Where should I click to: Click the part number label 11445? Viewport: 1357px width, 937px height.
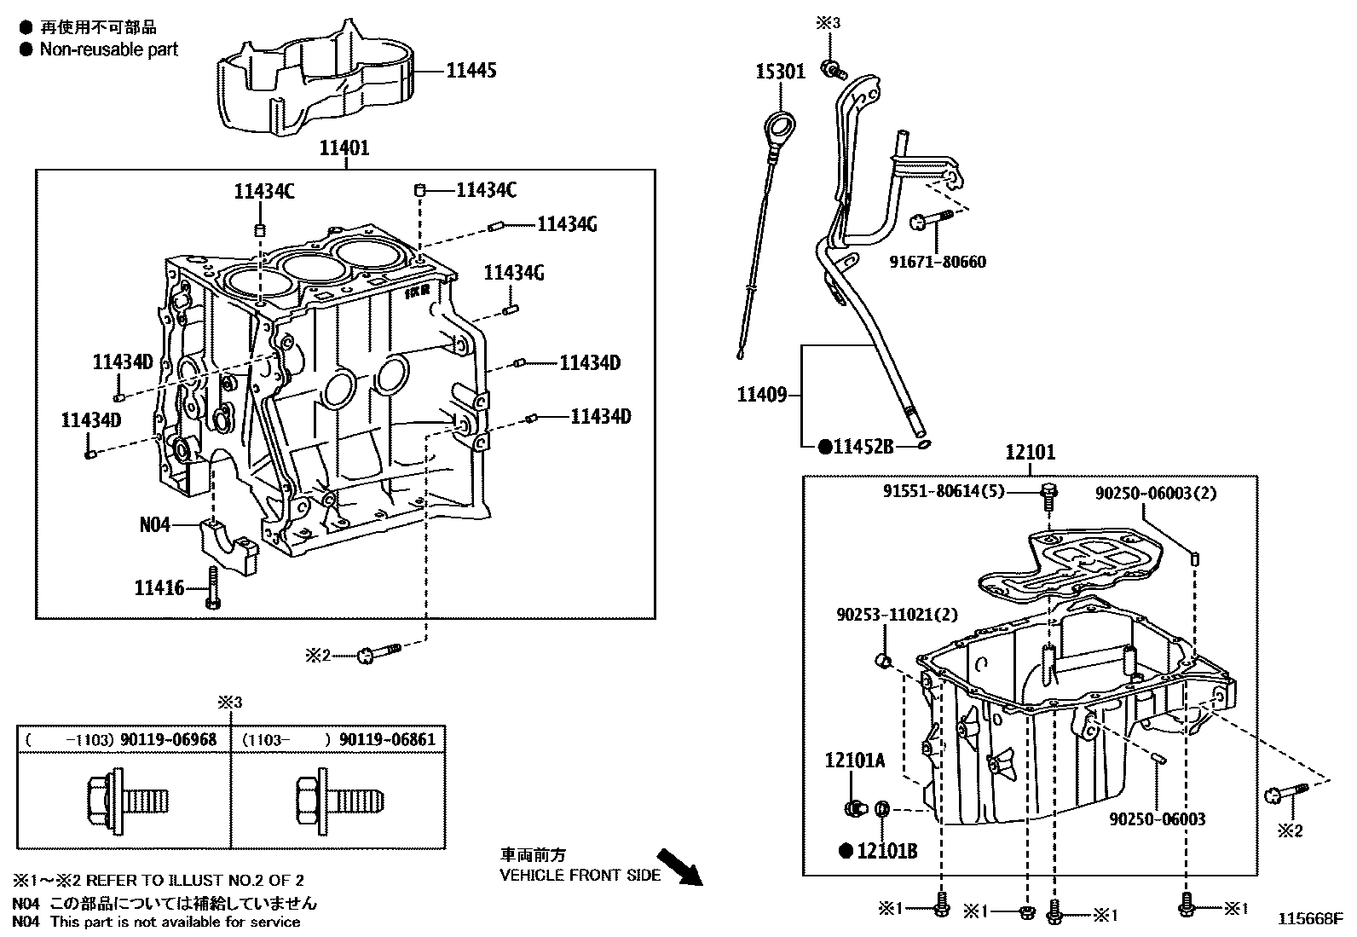[471, 70]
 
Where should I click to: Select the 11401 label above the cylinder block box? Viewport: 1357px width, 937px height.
[344, 148]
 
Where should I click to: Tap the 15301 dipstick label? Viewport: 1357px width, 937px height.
[779, 71]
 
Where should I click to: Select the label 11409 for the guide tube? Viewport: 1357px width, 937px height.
[762, 394]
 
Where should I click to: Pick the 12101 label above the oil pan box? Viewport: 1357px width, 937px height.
[1030, 452]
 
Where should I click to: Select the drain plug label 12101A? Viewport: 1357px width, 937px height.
[854, 761]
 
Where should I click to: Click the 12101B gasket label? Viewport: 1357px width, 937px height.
[886, 850]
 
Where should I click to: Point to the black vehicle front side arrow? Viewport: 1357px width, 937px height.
[681, 865]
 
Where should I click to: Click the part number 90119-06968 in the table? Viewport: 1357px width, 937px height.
[168, 739]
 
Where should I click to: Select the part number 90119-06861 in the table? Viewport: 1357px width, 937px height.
[387, 739]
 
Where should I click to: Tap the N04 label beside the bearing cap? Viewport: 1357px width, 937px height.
[154, 525]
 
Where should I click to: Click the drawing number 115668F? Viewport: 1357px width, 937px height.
[1309, 918]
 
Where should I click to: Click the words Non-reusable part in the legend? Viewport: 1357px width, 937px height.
[109, 49]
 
